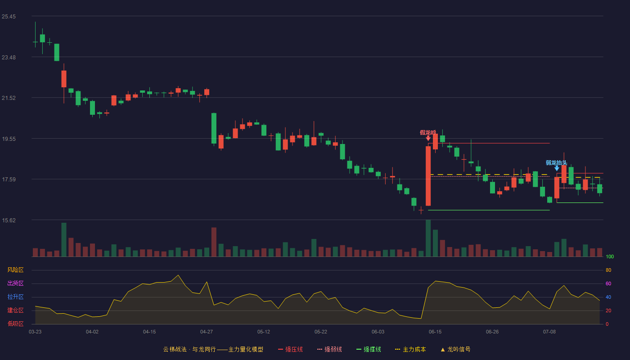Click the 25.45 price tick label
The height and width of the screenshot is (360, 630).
9,17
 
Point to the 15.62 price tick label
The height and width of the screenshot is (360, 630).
9,220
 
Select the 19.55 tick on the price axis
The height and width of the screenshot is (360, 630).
9,139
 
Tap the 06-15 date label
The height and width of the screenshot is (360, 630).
435,332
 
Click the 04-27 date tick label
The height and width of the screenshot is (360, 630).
207,332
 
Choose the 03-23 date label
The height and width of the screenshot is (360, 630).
35,332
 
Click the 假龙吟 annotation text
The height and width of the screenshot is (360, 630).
428,132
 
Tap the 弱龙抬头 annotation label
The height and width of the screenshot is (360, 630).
556,162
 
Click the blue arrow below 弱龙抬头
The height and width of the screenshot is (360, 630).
557,168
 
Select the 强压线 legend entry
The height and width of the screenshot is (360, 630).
290,349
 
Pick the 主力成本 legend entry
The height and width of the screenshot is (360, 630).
410,349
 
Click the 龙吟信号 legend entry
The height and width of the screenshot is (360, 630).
455,349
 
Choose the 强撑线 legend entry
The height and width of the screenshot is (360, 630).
369,349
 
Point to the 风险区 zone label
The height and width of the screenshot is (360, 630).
15,270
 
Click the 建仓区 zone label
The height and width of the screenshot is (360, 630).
15,310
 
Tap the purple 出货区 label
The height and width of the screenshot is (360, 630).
15,283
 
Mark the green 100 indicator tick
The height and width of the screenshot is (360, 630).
610,256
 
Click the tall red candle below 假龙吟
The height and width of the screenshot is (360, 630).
428,176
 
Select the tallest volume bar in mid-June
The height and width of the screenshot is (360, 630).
428,238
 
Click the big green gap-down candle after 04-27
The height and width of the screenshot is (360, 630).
214,128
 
